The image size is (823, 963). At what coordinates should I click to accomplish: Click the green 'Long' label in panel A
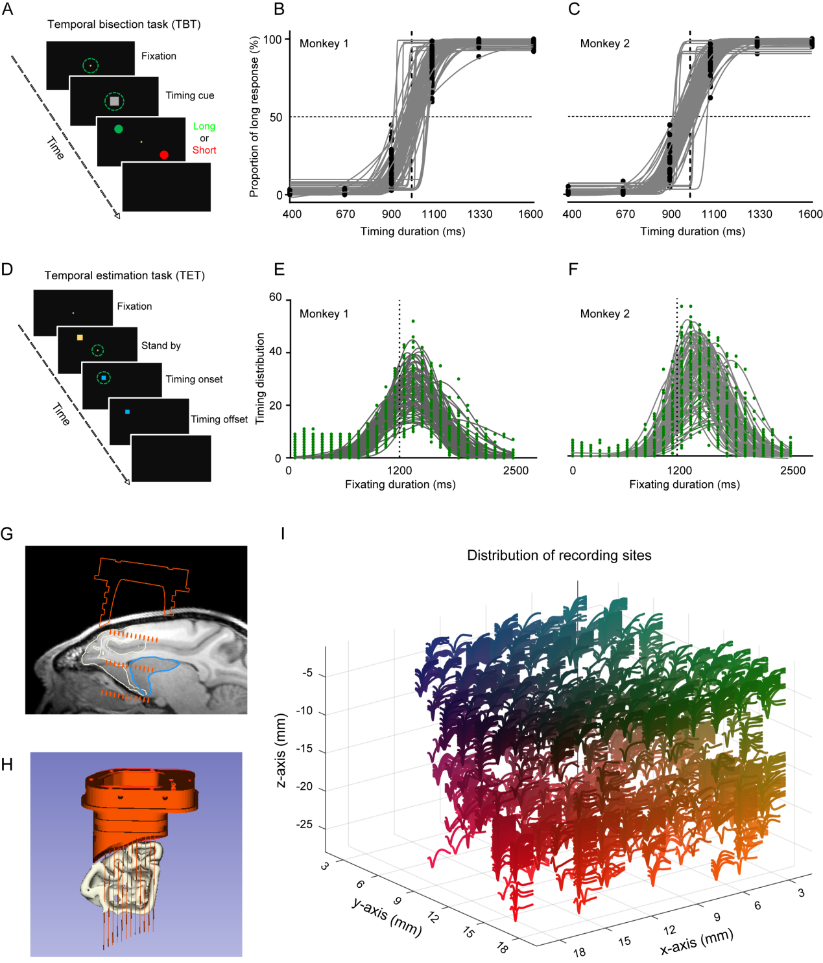pyautogui.click(x=204, y=126)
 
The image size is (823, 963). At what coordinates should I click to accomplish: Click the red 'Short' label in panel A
pyautogui.click(x=204, y=150)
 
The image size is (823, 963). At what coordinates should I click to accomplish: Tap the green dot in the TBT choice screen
pyautogui.click(x=119, y=129)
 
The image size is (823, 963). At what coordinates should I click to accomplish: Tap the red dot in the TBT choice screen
pyautogui.click(x=164, y=154)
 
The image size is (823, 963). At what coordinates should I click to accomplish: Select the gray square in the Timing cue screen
pyautogui.click(x=114, y=101)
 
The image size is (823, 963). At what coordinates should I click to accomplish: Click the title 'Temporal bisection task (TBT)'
pyautogui.click(x=124, y=25)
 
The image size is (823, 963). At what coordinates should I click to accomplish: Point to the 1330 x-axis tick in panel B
pyautogui.click(x=480, y=214)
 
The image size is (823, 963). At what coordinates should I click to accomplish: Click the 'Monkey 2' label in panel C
pyautogui.click(x=604, y=43)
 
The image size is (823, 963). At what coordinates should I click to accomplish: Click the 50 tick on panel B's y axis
pyautogui.click(x=276, y=117)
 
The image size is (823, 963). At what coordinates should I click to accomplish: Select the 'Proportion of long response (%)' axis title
pyautogui.click(x=254, y=117)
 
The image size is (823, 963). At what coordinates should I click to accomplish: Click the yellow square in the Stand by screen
pyautogui.click(x=80, y=338)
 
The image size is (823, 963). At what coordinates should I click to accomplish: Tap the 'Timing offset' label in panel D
pyautogui.click(x=219, y=419)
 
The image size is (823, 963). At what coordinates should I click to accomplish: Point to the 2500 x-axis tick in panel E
pyautogui.click(x=516, y=470)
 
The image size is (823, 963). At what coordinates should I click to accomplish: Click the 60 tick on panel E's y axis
pyautogui.click(x=276, y=297)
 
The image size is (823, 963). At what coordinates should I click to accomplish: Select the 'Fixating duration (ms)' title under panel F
pyautogui.click(x=684, y=484)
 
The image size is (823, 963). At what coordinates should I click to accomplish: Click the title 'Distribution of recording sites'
pyautogui.click(x=559, y=555)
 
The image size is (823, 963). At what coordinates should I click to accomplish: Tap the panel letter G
pyautogui.click(x=7, y=534)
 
